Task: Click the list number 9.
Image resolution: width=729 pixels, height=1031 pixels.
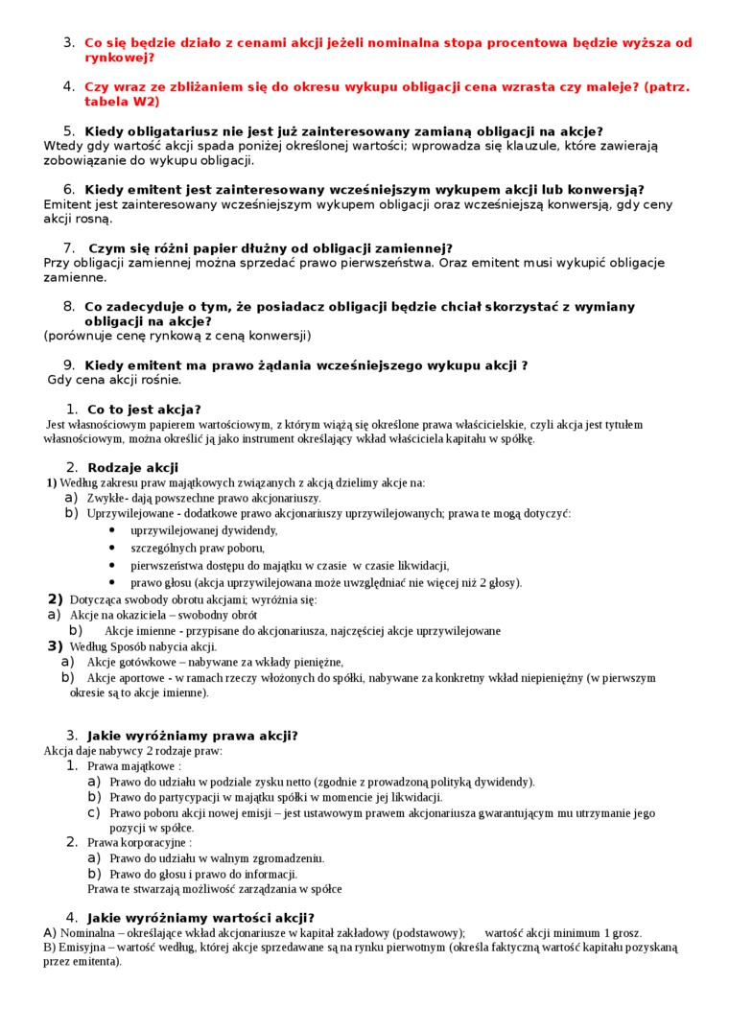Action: pyautogui.click(x=69, y=364)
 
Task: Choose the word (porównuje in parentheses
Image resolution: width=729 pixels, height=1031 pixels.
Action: pyautogui.click(x=79, y=336)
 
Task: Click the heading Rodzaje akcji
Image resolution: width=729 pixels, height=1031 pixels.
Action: pyautogui.click(x=132, y=467)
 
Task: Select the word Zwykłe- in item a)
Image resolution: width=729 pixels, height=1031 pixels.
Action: pyautogui.click(x=106, y=498)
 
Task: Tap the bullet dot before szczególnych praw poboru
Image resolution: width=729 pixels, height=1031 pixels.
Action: pyautogui.click(x=112, y=548)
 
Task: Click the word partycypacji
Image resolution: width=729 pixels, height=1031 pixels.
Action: pyautogui.click(x=181, y=797)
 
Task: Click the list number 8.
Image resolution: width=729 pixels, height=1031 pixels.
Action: pyautogui.click(x=69, y=306)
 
